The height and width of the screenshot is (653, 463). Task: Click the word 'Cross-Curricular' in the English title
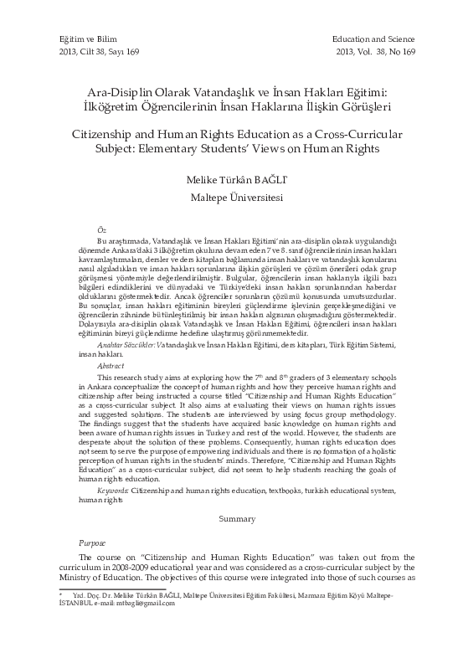(361, 133)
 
